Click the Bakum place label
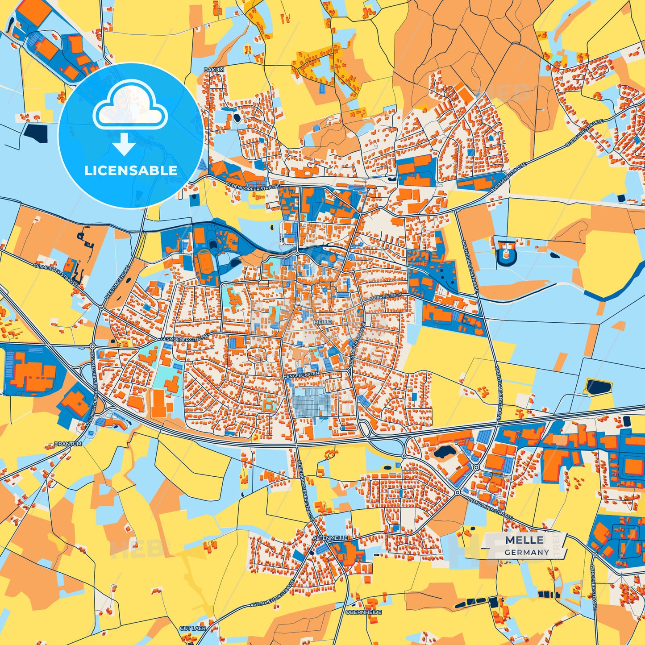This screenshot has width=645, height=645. click(x=214, y=70)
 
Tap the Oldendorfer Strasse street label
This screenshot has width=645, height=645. click(x=253, y=185)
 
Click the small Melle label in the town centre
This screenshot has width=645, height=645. click(x=322, y=322)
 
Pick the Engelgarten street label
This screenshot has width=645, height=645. click(x=302, y=377)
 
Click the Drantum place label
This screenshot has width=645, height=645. click(x=68, y=444)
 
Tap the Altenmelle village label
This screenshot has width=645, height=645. click(x=330, y=538)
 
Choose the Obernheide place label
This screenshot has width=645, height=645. click(x=364, y=612)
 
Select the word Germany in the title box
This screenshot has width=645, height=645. click(x=527, y=552)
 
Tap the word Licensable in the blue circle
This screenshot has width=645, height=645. click(x=131, y=171)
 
